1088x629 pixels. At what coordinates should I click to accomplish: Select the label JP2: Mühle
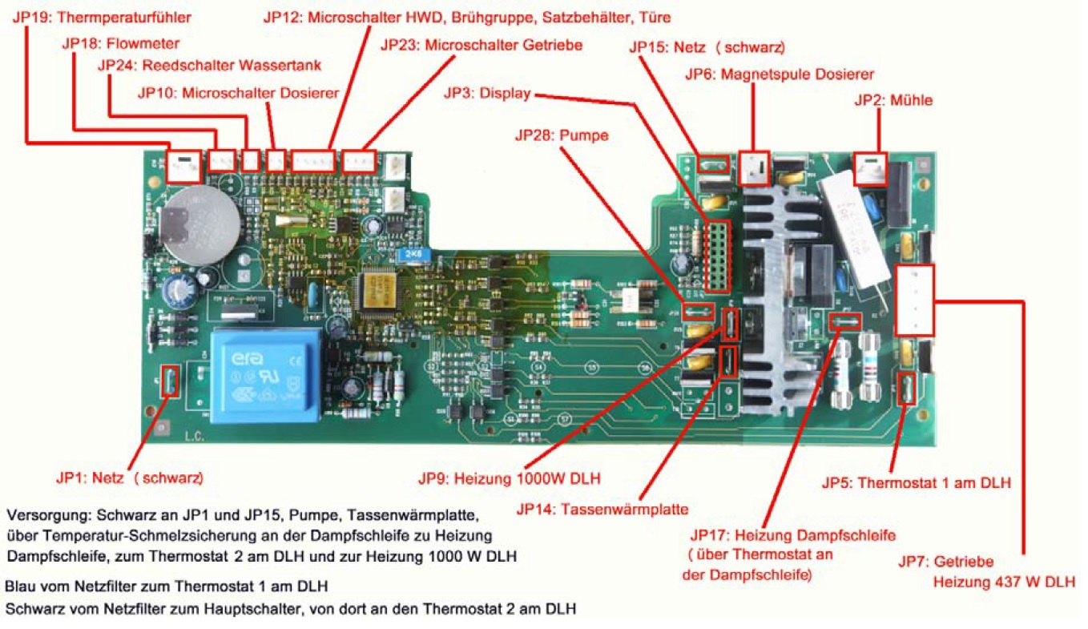point(893,100)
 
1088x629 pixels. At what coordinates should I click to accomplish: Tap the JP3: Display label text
point(487,95)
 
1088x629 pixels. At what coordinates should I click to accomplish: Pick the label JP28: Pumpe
point(561,136)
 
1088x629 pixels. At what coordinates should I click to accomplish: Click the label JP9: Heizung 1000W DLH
point(510,479)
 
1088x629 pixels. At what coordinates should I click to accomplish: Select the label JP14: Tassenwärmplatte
point(602,508)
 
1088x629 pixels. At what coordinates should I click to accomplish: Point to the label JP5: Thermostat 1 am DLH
point(916,483)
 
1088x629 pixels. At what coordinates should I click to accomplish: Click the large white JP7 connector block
point(914,300)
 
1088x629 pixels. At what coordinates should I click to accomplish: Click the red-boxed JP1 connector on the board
point(170,381)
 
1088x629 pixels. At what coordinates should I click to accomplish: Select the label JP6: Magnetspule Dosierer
point(779,75)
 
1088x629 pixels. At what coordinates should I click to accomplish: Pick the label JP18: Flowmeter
point(121,43)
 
